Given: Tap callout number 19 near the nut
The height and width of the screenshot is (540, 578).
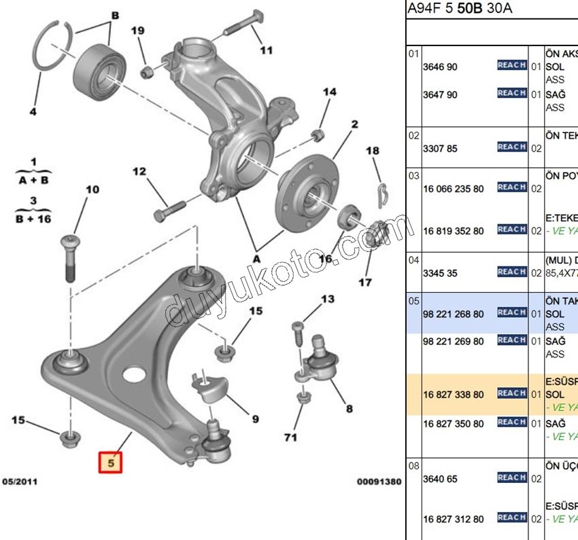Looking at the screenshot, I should (138, 31).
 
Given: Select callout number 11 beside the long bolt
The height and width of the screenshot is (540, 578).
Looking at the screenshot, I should (266, 50).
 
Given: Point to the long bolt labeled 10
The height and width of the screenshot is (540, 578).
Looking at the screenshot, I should (71, 257).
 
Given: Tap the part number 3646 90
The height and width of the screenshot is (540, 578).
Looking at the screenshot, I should (440, 67).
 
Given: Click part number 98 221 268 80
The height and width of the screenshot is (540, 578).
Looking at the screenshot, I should (453, 314).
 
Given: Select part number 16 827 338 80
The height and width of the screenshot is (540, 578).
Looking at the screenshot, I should (453, 394).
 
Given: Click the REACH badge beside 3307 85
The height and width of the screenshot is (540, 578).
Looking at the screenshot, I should (511, 147).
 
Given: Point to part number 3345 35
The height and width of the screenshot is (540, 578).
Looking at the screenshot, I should (440, 272).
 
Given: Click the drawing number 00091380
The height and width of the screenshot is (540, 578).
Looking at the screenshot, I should (379, 482).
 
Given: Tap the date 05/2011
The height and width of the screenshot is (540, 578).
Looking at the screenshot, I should (20, 482).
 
